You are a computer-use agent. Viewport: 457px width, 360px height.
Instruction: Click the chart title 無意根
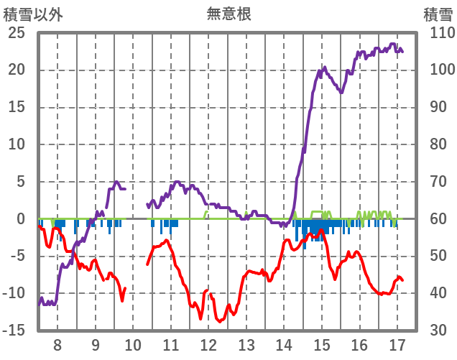pos(228,14)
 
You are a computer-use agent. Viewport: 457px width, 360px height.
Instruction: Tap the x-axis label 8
pos(58,343)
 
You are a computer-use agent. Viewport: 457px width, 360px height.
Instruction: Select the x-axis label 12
pos(208,343)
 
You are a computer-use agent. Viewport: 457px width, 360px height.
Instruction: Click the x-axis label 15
pos(321,343)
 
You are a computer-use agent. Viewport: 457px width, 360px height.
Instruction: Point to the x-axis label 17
pos(397,343)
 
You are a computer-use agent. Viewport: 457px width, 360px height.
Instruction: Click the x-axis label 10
pos(133,343)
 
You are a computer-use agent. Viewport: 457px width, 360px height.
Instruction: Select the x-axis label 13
pos(246,343)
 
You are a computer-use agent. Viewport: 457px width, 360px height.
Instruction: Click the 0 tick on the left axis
pos(22,219)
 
